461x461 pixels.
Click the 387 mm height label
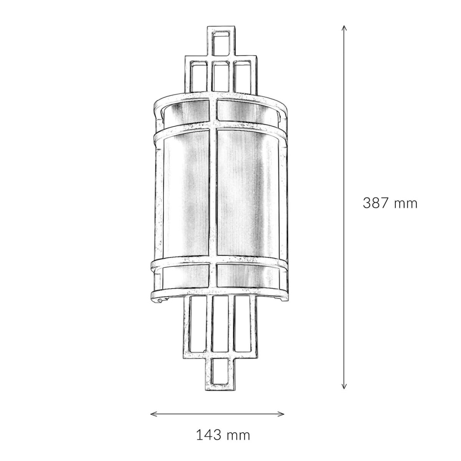pyautogui.click(x=390, y=203)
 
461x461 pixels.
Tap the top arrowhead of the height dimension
pyautogui.click(x=344, y=28)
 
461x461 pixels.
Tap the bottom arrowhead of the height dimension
pyautogui.click(x=344, y=385)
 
